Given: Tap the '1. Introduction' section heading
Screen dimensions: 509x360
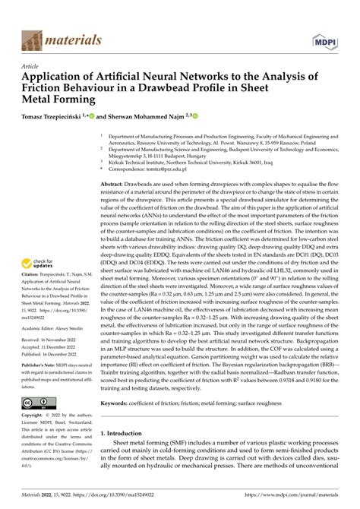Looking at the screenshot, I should [x=125, y=454].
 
